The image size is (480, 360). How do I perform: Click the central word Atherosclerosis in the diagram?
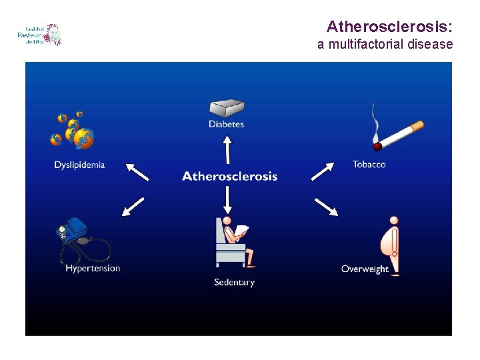click(x=229, y=176)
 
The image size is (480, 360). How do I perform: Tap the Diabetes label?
click(x=227, y=124)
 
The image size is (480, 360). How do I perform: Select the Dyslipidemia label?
click(x=80, y=165)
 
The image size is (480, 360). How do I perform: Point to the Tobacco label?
click(x=369, y=164)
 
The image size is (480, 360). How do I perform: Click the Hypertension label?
click(x=93, y=268)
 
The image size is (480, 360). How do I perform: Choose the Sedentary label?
click(x=234, y=282)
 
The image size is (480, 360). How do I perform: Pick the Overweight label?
click(x=365, y=269)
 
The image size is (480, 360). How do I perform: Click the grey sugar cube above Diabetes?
click(x=227, y=108)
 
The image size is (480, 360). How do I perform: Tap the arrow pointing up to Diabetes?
click(x=227, y=149)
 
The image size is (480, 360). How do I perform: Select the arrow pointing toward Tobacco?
click(x=322, y=171)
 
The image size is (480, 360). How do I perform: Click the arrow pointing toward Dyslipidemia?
click(x=137, y=171)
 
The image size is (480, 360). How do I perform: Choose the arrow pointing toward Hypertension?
click(x=133, y=207)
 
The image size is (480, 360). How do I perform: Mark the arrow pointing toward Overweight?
click(x=325, y=207)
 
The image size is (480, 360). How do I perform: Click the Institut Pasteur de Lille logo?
click(x=39, y=35)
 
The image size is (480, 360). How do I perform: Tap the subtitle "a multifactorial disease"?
click(x=385, y=45)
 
